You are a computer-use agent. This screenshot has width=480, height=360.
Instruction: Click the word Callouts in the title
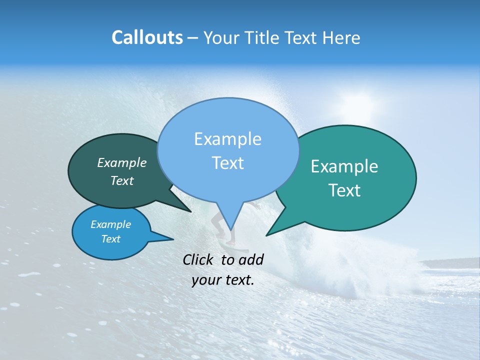(147, 37)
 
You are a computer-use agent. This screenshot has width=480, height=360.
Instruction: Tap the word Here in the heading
(339, 37)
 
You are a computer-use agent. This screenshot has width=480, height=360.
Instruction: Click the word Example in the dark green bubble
(121, 163)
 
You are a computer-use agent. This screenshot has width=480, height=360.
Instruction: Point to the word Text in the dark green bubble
(121, 181)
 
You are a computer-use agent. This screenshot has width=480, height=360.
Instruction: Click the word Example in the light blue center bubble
(227, 139)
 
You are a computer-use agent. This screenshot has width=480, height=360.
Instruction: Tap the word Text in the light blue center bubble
(227, 163)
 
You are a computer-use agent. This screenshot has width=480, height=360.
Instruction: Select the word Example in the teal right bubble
(344, 166)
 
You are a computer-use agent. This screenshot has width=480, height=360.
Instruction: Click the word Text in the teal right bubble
(344, 190)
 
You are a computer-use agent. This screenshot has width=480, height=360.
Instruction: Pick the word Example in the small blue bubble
(110, 224)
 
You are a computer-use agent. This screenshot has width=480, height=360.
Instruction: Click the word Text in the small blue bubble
(110, 239)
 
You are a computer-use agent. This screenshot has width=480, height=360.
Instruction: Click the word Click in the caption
(199, 259)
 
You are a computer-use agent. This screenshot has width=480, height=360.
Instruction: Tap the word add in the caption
(250, 259)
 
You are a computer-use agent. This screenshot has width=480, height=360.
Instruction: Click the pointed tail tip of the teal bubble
(266, 235)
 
